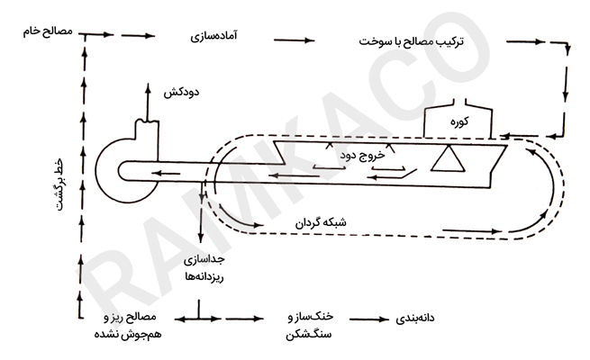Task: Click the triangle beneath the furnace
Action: tap(443, 160)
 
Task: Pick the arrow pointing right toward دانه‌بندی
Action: tap(368, 319)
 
